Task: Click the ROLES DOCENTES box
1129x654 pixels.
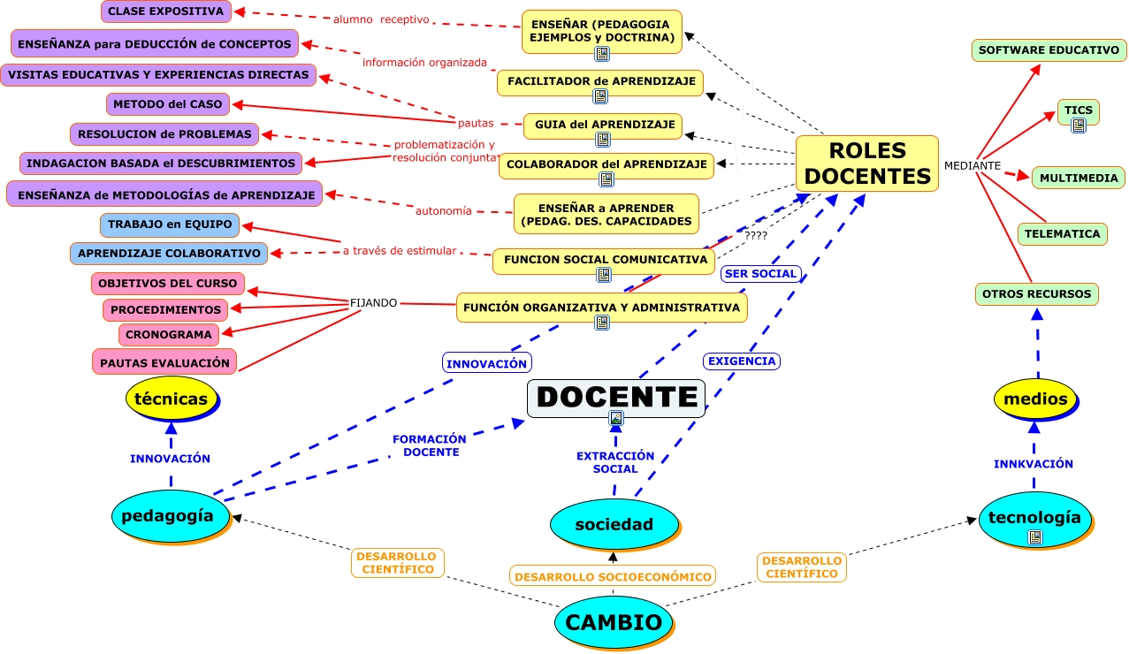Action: (x=866, y=163)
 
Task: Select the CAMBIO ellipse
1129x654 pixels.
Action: (x=613, y=622)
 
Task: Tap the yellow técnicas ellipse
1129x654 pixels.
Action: (x=172, y=399)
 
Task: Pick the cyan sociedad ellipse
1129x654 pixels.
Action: (x=614, y=524)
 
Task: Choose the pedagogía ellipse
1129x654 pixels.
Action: (x=168, y=515)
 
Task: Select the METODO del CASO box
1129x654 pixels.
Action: (x=169, y=104)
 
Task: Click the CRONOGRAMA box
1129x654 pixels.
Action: (x=169, y=335)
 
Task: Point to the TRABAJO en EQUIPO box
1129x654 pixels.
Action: (x=170, y=224)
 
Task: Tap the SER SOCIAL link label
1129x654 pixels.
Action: (x=761, y=274)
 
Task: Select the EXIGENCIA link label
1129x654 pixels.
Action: (x=741, y=361)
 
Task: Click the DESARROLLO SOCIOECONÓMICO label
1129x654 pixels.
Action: (x=613, y=576)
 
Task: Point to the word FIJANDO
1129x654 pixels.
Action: (x=373, y=302)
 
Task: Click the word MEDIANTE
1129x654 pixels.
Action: (x=973, y=165)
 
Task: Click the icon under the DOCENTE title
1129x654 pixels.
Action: (x=616, y=418)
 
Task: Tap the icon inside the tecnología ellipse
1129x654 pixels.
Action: (x=1035, y=536)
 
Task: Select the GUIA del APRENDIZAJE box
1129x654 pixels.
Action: (x=605, y=125)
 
